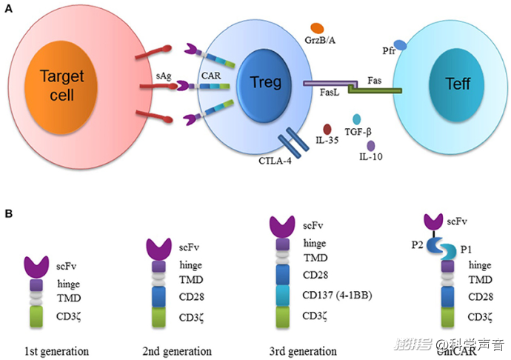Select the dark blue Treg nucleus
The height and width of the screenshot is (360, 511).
(266, 82)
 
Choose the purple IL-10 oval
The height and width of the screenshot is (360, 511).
(371, 145)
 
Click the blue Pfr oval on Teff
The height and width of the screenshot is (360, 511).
(400, 46)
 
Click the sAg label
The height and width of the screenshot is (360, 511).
(165, 74)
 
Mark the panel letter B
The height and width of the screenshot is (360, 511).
(8, 214)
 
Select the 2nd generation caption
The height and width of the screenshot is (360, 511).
(176, 350)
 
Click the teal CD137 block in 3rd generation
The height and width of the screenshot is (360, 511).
(281, 296)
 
